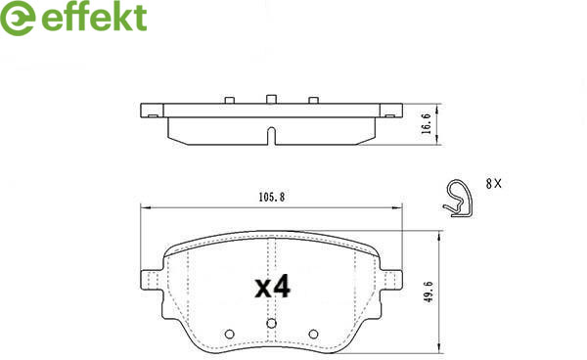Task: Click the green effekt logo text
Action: (x=94, y=18)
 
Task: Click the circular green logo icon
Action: (x=18, y=18)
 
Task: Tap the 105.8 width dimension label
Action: (x=272, y=197)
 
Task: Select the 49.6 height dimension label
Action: (x=429, y=292)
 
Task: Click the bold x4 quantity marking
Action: (x=273, y=287)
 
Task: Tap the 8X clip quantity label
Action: (x=493, y=184)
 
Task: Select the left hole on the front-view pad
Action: (x=230, y=334)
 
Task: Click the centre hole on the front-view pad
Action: (x=271, y=324)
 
